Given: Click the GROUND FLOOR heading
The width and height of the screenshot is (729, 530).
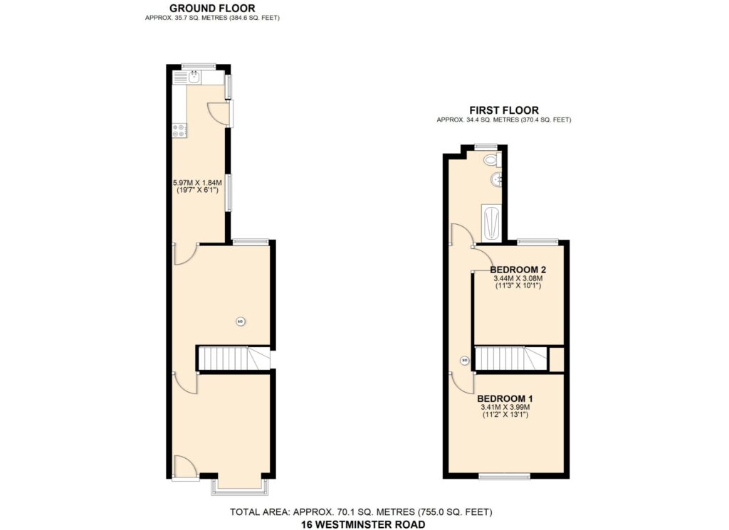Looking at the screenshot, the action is pos(212,8).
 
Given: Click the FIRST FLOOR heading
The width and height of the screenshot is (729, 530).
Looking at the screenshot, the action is pos(504,110).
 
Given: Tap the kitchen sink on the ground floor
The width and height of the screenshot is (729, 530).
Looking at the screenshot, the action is pos(195,77).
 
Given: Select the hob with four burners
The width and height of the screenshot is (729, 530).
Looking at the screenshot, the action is pos(179,130).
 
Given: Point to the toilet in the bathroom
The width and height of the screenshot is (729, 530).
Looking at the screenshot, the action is pos(491,160).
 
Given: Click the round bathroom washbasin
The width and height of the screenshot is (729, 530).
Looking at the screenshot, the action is pos(496,179).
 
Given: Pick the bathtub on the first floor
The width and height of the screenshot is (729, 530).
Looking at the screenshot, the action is pos(491,223).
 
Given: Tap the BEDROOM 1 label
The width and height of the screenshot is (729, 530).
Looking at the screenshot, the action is pos(505,398).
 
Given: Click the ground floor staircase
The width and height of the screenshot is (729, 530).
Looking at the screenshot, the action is pos(234,358).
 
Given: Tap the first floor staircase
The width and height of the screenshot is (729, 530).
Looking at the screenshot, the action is pos(511,358).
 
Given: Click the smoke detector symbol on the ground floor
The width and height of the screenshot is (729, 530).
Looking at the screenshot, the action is pos(240,321).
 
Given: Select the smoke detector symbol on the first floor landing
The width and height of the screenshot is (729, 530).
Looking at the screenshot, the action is pos(464,360).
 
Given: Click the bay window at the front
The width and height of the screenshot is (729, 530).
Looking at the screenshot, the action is pos(240,485).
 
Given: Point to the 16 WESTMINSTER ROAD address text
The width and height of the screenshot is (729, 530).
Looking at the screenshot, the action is pos(363,524).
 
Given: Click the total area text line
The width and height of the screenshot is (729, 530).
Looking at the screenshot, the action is pos(361,512).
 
